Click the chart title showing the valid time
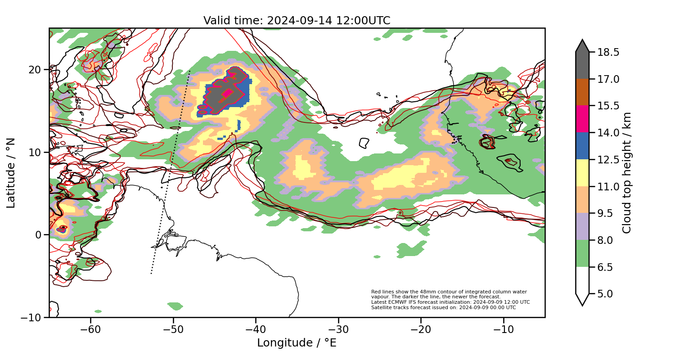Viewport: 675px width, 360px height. tap(297, 21)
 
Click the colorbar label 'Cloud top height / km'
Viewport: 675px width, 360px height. tap(627, 173)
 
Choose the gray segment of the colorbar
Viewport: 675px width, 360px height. tap(582, 65)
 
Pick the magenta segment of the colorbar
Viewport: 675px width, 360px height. tap(582, 119)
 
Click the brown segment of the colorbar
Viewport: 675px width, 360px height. tap(582, 92)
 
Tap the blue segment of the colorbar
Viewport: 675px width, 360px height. tap(582, 146)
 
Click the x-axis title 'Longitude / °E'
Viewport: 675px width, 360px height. tap(297, 343)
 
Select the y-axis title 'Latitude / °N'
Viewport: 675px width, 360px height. tap(11, 173)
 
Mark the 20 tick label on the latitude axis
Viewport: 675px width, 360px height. tap(36, 70)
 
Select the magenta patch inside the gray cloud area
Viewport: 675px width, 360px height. tap(227, 93)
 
